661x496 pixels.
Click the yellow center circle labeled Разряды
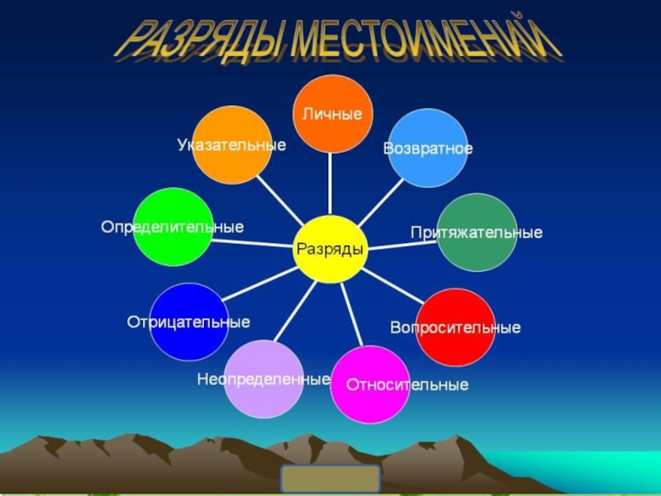tap(330, 249)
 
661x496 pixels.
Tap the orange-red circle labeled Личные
tap(333, 114)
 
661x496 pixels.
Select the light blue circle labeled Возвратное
tap(428, 148)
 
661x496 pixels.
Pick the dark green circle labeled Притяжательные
tap(477, 232)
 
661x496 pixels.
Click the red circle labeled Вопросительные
tap(455, 327)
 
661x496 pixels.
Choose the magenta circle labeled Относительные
tap(369, 384)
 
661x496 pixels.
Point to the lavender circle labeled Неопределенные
tap(264, 379)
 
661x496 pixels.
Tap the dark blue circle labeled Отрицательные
tap(189, 322)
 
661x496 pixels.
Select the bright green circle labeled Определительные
tap(173, 227)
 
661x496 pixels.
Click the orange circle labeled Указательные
tap(231, 145)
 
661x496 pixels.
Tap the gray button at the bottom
tap(330, 479)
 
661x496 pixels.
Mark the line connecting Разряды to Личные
tap(330, 184)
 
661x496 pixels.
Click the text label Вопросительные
tap(455, 328)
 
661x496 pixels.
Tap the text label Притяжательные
tap(477, 233)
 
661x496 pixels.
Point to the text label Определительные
tap(173, 227)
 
